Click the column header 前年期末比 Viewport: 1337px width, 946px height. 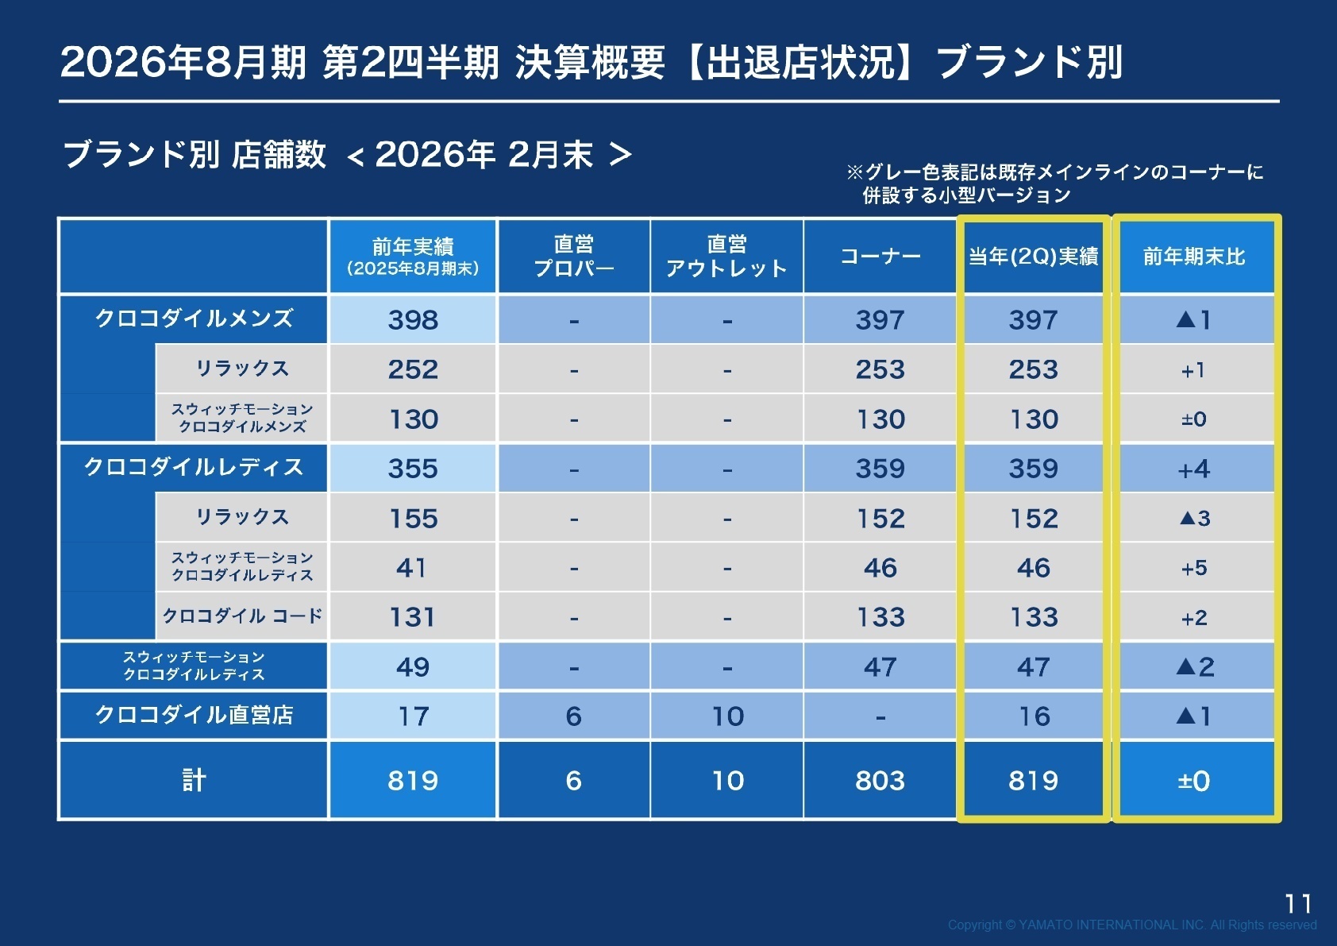1194,257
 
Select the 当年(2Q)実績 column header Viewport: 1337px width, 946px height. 1033,257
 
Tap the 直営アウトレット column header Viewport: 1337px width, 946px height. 726,257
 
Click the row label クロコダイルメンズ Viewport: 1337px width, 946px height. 194,319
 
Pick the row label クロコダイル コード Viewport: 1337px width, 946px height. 242,616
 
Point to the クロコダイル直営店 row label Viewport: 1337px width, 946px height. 194,715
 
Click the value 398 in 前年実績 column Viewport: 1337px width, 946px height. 413,320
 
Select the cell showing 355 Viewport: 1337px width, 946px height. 413,469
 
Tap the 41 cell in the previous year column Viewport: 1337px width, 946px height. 412,568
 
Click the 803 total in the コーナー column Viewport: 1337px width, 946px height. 880,781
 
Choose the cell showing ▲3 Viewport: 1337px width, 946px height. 1194,519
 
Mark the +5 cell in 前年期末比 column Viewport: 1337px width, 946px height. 1194,568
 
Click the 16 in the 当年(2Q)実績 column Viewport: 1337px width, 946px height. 1034,716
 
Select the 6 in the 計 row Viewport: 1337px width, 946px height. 573,781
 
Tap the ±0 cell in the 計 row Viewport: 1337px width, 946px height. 1194,781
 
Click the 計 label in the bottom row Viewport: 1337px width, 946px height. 194,780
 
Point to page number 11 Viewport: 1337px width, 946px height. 1298,904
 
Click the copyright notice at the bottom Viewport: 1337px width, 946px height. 1132,925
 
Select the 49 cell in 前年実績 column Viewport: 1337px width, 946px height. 413,667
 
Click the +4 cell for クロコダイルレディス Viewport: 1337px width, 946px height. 1194,469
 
